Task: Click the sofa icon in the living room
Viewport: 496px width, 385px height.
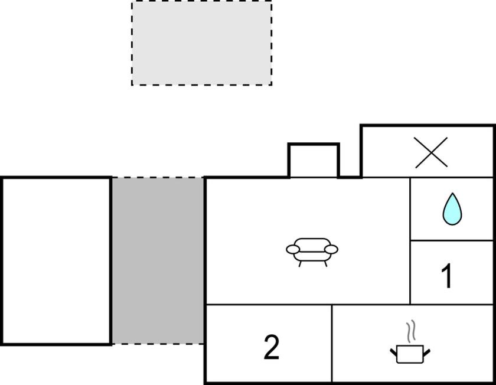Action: (x=312, y=252)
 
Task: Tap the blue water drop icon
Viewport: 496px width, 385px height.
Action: (x=452, y=209)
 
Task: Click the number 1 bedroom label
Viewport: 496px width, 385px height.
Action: (x=446, y=276)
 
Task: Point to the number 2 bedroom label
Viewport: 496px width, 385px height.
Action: (x=272, y=347)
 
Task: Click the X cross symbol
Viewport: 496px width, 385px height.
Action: (x=431, y=152)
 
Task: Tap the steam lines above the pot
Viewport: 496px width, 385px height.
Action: (x=410, y=331)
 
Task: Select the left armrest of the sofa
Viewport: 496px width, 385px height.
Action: (x=293, y=250)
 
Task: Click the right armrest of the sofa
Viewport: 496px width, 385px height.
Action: (x=331, y=250)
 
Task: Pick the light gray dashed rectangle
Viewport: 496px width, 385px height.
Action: (x=201, y=43)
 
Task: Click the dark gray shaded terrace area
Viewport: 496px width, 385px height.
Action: (x=158, y=260)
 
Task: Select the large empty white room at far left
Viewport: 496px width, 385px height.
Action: (x=56, y=261)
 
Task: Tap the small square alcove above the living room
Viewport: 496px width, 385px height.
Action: (x=314, y=161)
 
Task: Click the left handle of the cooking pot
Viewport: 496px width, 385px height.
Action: (x=394, y=353)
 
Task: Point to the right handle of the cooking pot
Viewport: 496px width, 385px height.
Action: (x=426, y=353)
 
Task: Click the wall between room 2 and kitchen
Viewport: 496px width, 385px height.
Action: (x=332, y=344)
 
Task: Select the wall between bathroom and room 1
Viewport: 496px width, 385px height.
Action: (x=452, y=240)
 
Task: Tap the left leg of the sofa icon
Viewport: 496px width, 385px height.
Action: (x=300, y=263)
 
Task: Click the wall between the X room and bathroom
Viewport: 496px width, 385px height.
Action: (x=452, y=178)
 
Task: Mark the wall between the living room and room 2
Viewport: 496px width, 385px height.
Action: (x=269, y=305)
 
